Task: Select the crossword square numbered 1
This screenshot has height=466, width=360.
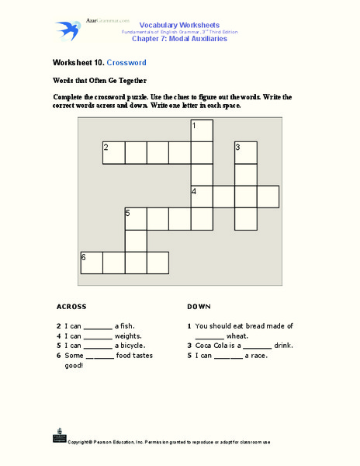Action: click(202, 130)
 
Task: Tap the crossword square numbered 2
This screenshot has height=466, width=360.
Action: click(114, 153)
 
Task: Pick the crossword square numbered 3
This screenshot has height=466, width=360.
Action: click(245, 153)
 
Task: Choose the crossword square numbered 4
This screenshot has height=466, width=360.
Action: click(202, 196)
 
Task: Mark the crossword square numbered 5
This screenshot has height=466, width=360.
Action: click(136, 219)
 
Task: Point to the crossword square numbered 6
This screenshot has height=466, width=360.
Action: click(92, 263)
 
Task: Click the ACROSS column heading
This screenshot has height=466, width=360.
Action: click(71, 306)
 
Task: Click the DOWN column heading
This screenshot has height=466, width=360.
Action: click(199, 306)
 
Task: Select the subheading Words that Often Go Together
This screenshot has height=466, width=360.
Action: click(99, 80)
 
